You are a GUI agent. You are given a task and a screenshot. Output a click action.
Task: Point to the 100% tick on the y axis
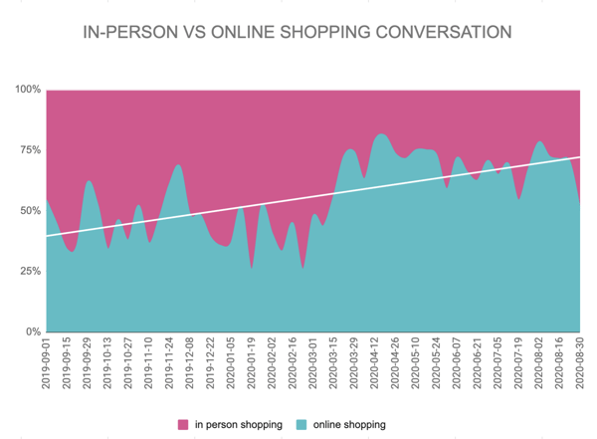[27, 91]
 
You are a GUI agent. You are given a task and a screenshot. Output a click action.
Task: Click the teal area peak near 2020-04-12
[381, 134]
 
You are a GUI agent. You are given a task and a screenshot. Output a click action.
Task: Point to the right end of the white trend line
[579, 157]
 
